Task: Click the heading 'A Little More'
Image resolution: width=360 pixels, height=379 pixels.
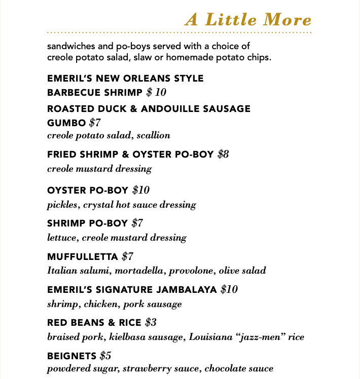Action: (x=248, y=20)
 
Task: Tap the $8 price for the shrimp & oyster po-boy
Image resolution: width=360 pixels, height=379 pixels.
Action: (x=224, y=154)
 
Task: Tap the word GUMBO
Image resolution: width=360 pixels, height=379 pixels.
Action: (x=66, y=122)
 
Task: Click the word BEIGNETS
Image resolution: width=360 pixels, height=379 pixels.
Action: (x=71, y=355)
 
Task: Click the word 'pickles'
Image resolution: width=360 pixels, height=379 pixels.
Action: (x=62, y=205)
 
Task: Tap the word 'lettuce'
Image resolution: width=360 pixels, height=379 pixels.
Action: (x=62, y=238)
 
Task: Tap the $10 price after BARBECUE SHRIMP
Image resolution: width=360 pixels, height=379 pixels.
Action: (x=156, y=92)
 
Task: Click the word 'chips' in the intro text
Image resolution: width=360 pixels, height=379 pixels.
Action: (x=260, y=57)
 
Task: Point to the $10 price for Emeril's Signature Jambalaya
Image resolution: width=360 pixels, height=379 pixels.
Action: (x=229, y=290)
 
